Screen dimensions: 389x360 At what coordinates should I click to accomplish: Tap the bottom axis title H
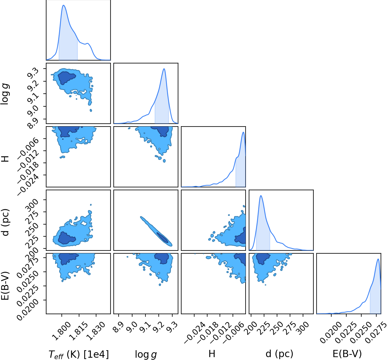tap(212, 354)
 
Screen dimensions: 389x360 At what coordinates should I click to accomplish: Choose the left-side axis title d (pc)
tap(5, 222)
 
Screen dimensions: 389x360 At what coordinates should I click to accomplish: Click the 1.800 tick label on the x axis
tap(62, 331)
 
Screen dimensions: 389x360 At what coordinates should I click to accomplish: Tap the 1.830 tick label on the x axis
tap(96, 331)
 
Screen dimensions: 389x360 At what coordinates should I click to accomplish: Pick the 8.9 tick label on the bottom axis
tap(119, 327)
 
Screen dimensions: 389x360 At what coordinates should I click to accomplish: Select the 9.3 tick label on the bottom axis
tap(172, 327)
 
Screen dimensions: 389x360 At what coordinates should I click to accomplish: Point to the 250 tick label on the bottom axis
tap(278, 328)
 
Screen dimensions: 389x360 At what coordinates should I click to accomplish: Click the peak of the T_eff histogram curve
tap(63, 5)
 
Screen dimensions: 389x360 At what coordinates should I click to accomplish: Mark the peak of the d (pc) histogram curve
tap(261, 196)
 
